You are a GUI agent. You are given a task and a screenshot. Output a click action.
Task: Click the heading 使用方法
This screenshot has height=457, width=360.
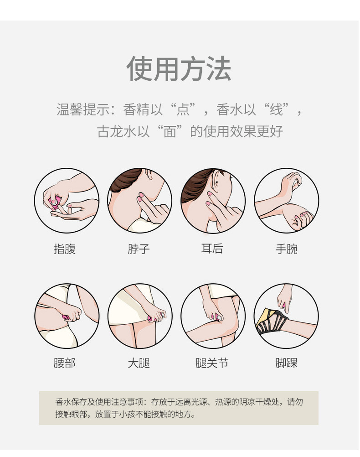tap(179, 68)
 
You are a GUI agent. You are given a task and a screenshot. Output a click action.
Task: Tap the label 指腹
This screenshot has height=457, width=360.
tap(64, 249)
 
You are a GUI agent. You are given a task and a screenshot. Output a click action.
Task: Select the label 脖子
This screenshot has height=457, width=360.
tap(139, 249)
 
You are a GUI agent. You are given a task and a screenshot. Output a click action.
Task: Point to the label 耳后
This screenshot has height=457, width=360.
tap(212, 249)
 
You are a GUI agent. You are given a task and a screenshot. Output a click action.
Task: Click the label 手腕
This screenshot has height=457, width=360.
tap(286, 249)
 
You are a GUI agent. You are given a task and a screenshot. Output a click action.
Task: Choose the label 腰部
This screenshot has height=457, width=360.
tap(64, 363)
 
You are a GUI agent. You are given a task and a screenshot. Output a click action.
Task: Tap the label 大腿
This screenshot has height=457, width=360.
tap(139, 363)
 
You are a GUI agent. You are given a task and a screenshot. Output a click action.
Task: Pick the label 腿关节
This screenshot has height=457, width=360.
tap(212, 363)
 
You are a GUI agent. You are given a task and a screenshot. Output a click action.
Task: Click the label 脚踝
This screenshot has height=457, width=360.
tap(286, 363)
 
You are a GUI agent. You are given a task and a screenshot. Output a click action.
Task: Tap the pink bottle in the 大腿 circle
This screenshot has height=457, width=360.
tap(153, 318)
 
